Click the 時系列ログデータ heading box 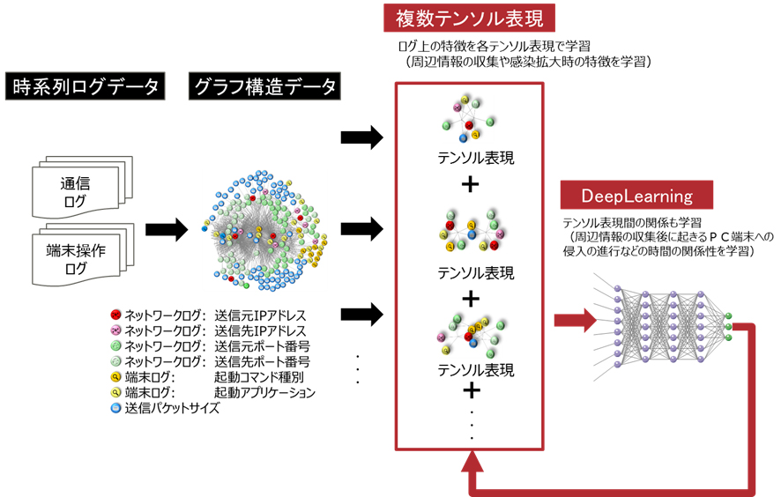point(86,86)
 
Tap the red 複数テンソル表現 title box point(469,17)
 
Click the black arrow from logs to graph point(166,230)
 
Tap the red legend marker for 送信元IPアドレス point(115,315)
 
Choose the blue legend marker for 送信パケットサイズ point(115,408)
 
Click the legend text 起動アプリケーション point(264,392)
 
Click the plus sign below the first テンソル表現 point(471,185)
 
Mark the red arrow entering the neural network point(575,320)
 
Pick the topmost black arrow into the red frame point(361,137)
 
